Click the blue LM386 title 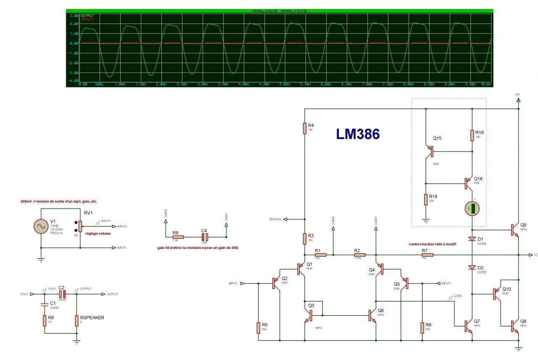(358, 134)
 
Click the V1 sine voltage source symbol (41, 226)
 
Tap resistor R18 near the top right (472, 135)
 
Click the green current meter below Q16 (472, 208)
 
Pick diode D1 (472, 239)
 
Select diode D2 (472, 267)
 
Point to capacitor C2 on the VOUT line (63, 294)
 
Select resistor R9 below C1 (44, 321)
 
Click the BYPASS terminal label (276, 219)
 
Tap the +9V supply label (517, 95)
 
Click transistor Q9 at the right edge (515, 229)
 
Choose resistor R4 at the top (304, 128)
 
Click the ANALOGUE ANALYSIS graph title (279, 11)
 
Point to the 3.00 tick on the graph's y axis (74, 16)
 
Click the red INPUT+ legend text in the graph (87, 19)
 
